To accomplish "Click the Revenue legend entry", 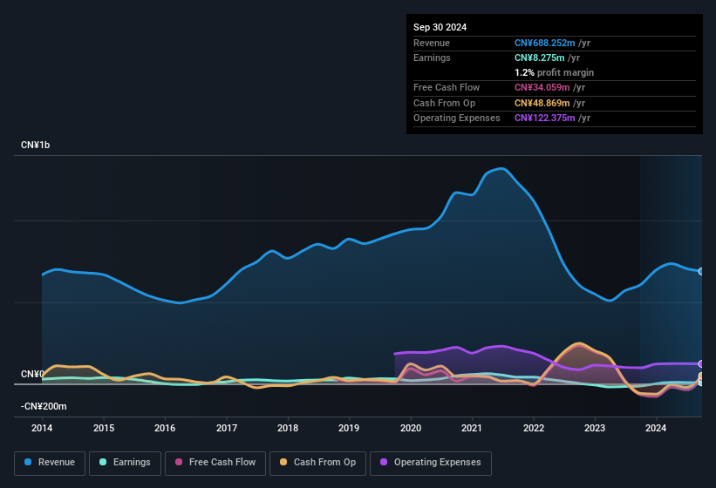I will click(50, 462).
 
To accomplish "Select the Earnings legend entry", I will click(125, 462).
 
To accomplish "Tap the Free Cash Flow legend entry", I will click(215, 462).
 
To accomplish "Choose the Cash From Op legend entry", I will click(317, 462).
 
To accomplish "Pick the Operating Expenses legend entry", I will click(430, 462).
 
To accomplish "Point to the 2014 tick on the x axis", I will click(42, 428).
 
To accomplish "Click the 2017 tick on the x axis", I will click(227, 428).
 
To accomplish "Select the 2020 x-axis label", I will click(411, 428).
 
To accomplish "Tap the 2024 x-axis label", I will click(656, 428).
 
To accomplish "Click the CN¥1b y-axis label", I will click(36, 145).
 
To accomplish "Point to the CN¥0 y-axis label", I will click(32, 374).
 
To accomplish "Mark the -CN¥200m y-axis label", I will click(44, 406).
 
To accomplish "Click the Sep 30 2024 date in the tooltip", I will click(440, 27).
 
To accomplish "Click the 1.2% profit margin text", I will click(554, 72).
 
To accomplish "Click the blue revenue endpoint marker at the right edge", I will click(700, 272).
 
